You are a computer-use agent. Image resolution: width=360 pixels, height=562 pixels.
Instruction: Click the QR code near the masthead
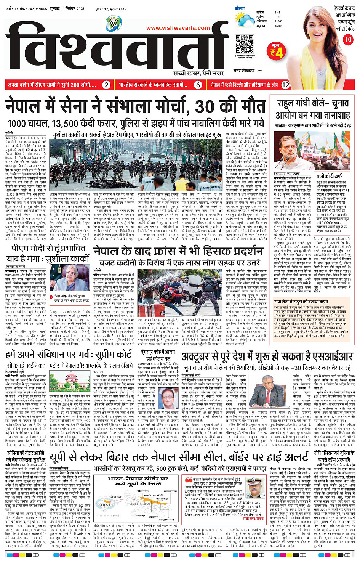click(x=244, y=44)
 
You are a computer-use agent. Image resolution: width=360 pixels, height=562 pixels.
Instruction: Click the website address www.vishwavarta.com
click(x=178, y=28)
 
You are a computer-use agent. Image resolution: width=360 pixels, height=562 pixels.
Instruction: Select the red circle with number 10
click(x=348, y=40)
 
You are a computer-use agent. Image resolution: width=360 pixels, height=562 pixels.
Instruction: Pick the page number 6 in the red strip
click(x=198, y=85)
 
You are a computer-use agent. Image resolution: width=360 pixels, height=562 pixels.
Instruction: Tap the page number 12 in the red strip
click(x=285, y=85)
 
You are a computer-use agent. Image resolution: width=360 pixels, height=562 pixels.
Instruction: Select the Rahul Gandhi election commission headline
click(x=313, y=109)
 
